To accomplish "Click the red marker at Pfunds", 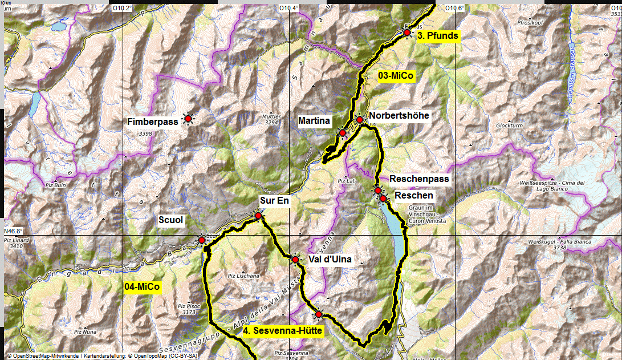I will coord(406,33).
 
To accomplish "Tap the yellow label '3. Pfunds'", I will coord(437,36).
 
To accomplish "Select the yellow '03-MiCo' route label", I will coord(396,75).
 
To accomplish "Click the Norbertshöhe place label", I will coord(399,116).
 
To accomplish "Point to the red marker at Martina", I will coord(343,133).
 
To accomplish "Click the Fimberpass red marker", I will coord(188,118).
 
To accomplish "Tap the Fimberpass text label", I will coord(152,121).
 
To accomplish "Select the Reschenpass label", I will coord(419,179).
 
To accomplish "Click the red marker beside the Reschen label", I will coord(384,198).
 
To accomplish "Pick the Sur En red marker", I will coord(258,216).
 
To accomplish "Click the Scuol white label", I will coord(172,220).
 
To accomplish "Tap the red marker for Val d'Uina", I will coord(295,260).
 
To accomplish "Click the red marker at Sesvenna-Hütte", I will coord(319,314).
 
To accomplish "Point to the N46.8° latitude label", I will coord(13,231).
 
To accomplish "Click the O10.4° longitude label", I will coord(288,8).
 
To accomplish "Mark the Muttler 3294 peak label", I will coord(270,119).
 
